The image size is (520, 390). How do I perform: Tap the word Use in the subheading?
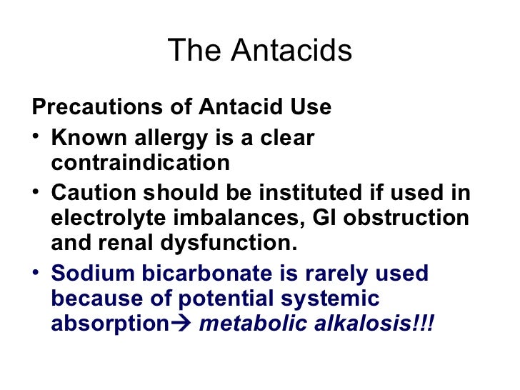pos(311,107)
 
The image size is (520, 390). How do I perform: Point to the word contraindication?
pos(140,163)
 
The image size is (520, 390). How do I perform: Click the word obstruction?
pos(405,218)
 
